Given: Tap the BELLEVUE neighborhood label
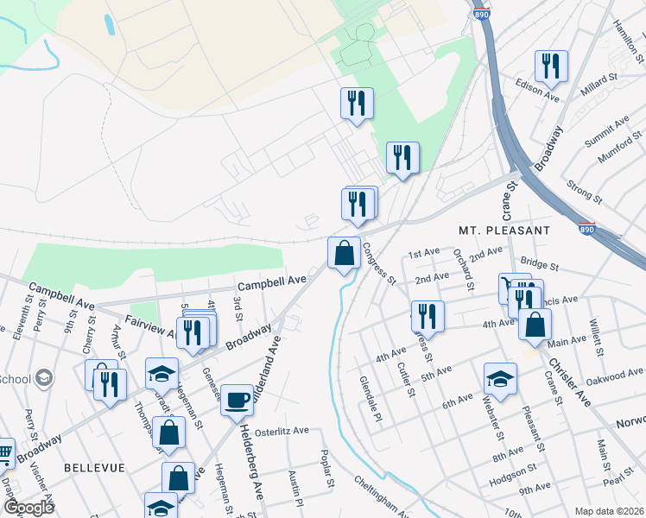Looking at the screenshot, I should (x=94, y=467).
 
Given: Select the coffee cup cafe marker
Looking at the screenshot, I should (x=237, y=401).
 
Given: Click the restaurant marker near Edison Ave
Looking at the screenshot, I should (x=549, y=66).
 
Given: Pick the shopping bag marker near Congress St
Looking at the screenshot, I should (x=344, y=254).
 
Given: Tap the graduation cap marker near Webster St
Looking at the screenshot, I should (x=500, y=378).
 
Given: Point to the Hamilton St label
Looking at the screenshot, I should (x=629, y=38).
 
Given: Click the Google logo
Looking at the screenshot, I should (x=28, y=507).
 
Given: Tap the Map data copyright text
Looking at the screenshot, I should (x=610, y=511).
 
